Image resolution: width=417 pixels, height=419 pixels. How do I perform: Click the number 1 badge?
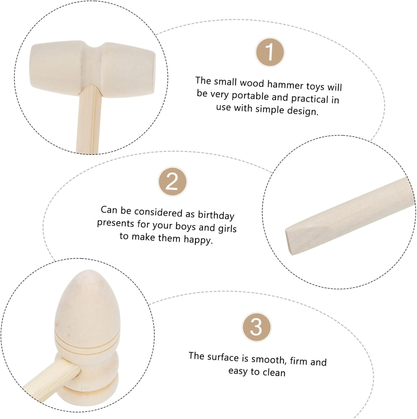click(270, 53)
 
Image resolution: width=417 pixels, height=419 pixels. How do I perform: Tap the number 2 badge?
click(172, 182)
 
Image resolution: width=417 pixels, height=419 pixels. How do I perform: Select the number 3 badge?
click(256, 327)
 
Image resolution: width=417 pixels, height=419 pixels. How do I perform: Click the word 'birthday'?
click(216, 215)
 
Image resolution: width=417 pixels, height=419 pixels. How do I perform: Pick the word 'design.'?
click(303, 111)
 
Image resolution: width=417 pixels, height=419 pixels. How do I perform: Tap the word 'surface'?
click(223, 357)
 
